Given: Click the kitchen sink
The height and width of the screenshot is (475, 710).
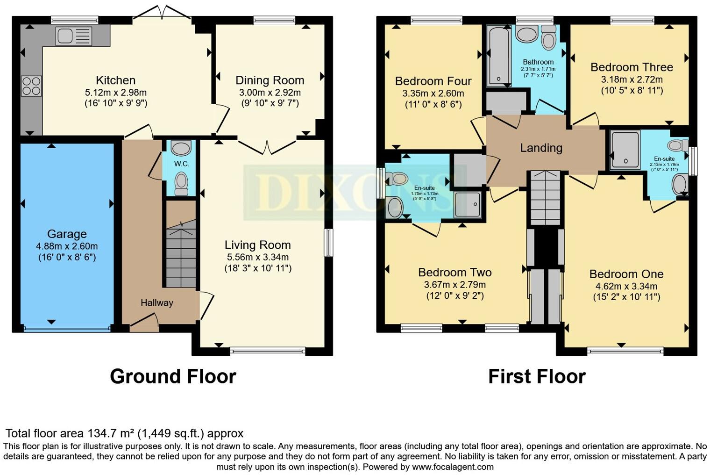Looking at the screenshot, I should point(74,36).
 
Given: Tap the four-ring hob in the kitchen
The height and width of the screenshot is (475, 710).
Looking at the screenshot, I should point(31,86).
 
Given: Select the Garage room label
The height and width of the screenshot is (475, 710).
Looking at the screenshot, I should point(67,234).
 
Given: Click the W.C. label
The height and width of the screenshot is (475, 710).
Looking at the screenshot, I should point(181,164).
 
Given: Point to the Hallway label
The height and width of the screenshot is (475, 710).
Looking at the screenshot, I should point(157,303).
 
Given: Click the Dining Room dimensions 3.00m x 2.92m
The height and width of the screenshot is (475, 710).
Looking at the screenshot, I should point(270,93).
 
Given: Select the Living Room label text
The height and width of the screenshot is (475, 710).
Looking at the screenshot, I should point(257,245).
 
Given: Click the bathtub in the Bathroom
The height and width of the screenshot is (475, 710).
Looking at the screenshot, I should point(498,56).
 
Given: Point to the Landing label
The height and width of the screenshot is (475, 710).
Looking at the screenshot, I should point(541,148).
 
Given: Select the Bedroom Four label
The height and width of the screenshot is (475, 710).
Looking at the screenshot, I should point(433,81).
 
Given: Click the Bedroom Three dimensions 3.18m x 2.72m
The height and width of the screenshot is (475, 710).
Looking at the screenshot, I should point(632,79).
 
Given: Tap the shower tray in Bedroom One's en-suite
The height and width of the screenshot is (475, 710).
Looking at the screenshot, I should point(625,150).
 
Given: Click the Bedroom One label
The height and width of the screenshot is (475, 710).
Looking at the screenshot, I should point(626,274).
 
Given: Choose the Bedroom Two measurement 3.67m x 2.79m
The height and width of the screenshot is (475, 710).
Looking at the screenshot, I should point(454,285).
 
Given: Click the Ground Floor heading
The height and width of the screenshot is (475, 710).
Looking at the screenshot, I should point(173,376).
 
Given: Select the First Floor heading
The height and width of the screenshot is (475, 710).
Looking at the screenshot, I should point(537,376).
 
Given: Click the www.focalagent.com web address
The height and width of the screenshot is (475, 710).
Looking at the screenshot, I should point(453,467).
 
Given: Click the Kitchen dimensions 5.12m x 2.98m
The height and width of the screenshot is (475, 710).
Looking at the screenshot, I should point(116,93).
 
